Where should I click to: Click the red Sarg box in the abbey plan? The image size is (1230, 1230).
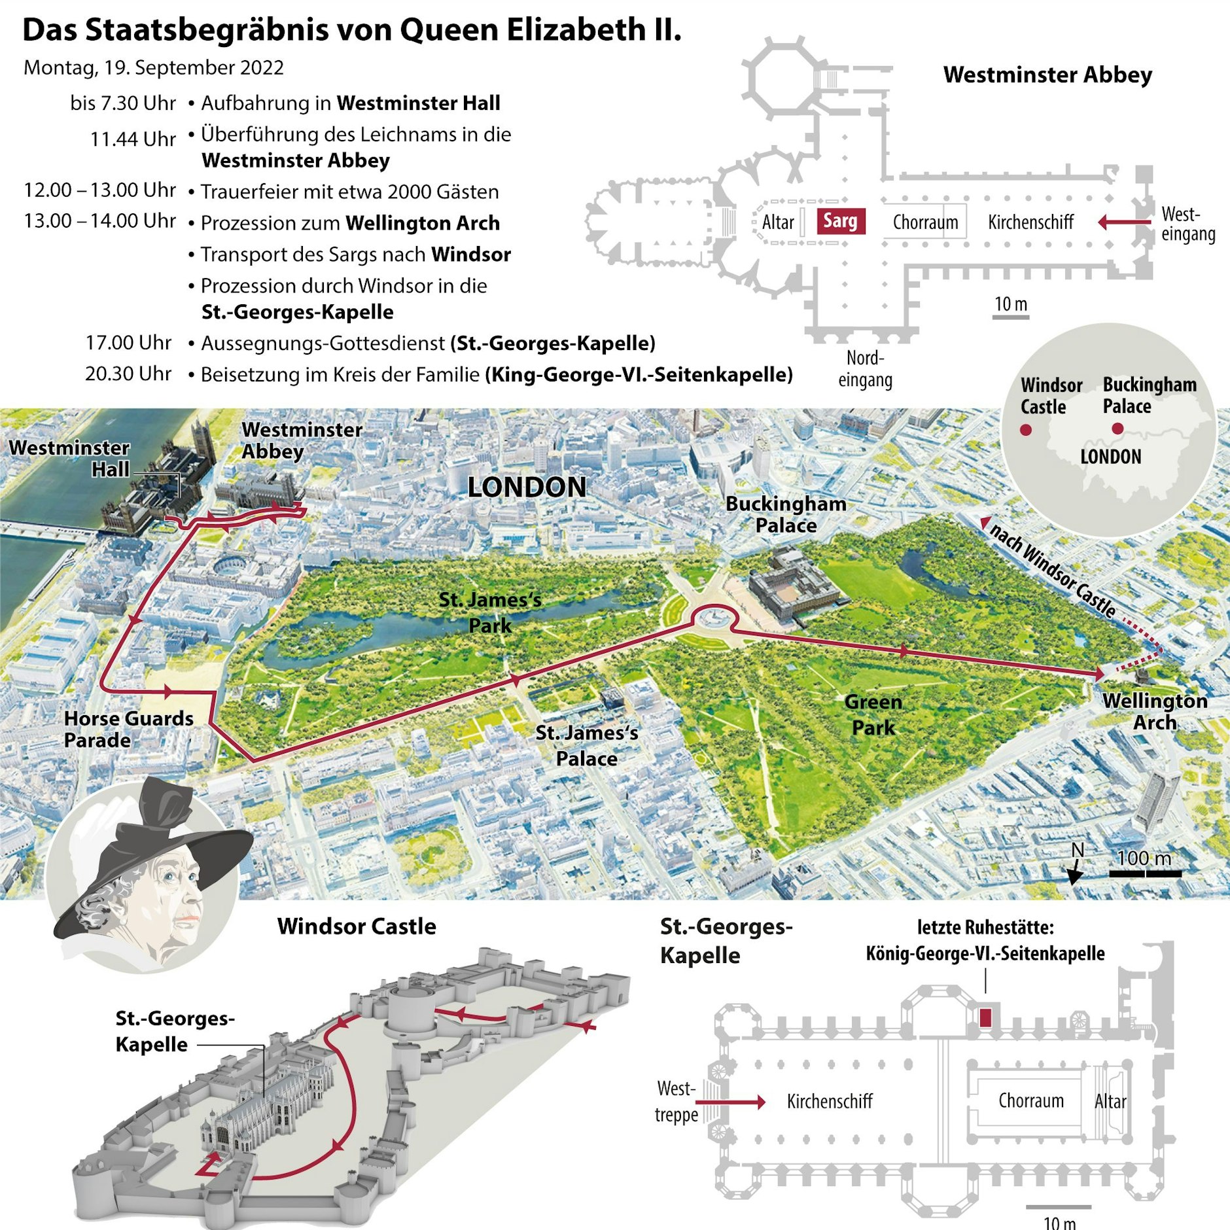pyautogui.click(x=840, y=221)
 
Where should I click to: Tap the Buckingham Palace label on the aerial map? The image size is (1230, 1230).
pyautogui.click(x=786, y=514)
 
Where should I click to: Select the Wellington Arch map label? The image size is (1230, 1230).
pyautogui.click(x=1155, y=711)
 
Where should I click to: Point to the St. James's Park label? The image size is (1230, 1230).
pyautogui.click(x=490, y=612)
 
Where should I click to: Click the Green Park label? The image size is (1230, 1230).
pyautogui.click(x=873, y=714)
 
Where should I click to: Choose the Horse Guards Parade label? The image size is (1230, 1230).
pyautogui.click(x=128, y=729)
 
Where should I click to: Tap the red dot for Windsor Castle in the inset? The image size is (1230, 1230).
pyautogui.click(x=1026, y=430)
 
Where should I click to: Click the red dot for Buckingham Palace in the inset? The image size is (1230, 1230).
pyautogui.click(x=1117, y=429)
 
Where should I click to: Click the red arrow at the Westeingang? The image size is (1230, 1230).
pyautogui.click(x=1123, y=222)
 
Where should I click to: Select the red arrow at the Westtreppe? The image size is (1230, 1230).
pyautogui.click(x=730, y=1102)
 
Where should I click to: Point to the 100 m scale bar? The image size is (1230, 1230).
pyautogui.click(x=1145, y=873)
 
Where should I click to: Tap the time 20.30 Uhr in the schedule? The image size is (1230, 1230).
pyautogui.click(x=128, y=374)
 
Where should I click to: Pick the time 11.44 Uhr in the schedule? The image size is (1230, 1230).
pyautogui.click(x=133, y=139)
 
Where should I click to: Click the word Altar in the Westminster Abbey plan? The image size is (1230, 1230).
pyautogui.click(x=778, y=222)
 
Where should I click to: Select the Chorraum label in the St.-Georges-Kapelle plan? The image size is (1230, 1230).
pyautogui.click(x=1031, y=1100)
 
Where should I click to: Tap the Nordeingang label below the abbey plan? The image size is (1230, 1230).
pyautogui.click(x=865, y=369)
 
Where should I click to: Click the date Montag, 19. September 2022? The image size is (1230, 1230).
pyautogui.click(x=154, y=67)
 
